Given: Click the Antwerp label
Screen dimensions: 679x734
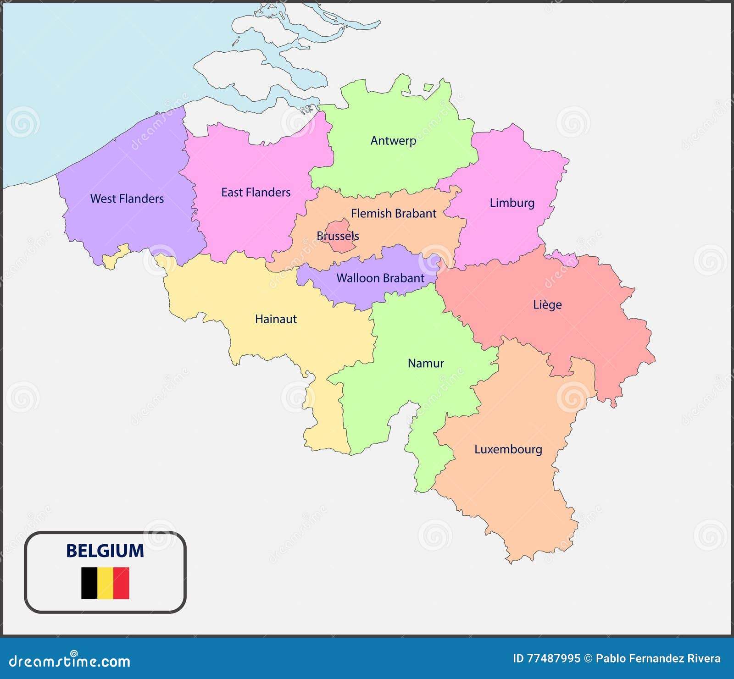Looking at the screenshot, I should coord(393,141).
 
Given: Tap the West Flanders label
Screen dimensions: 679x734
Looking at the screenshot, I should coord(127,199).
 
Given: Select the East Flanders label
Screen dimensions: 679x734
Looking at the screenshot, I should coord(256,192).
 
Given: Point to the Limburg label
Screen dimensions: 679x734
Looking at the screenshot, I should coord(512,203).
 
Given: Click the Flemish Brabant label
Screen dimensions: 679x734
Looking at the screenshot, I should coord(394,213).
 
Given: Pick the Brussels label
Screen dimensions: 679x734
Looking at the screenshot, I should coord(338,236).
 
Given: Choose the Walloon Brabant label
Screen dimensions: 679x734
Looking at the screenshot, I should coord(380,278).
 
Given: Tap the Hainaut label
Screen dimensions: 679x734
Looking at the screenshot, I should coord(276,319).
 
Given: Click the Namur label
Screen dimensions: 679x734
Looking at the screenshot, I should coord(426,363).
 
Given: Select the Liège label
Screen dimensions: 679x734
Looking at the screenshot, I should coord(547,305).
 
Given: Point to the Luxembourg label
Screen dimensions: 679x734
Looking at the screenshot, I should coord(508,449).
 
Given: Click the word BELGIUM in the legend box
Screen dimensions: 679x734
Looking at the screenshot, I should coord(105,551).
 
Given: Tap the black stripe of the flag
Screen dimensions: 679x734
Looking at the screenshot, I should coord(89,583).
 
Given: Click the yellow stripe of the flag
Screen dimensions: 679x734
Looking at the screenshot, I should coord(106,583).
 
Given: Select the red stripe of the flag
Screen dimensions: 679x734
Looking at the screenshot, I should coord(122,583).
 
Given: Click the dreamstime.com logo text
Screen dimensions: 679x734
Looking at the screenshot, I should coord(70,661).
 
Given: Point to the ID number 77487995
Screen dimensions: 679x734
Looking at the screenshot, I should coord(554,659).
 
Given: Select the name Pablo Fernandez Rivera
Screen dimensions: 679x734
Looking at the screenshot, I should coord(658,659).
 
